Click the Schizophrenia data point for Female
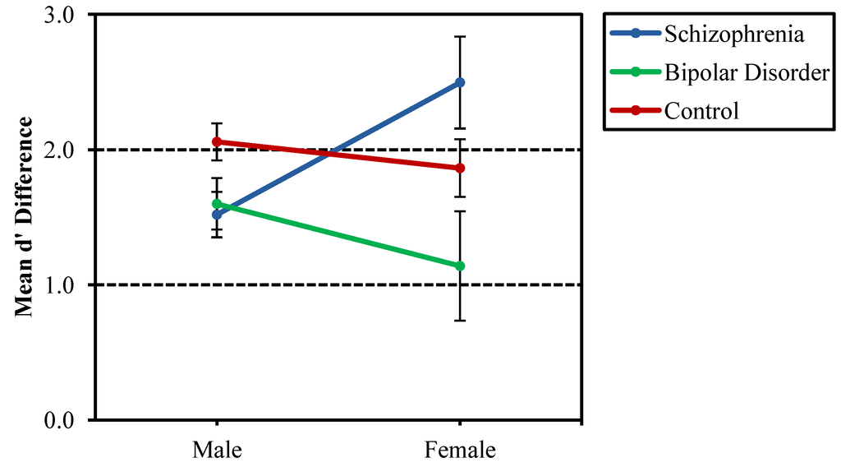click(x=460, y=82)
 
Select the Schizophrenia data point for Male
click(x=217, y=215)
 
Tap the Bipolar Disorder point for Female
click(x=460, y=266)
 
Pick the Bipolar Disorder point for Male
click(x=217, y=204)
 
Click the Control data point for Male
click(x=217, y=141)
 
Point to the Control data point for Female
click(x=460, y=168)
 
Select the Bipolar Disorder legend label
click(x=747, y=72)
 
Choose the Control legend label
click(x=701, y=110)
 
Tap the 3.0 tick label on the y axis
click(x=57, y=16)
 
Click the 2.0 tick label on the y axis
click(x=57, y=150)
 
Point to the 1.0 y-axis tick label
click(x=57, y=285)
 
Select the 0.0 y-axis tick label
click(x=57, y=420)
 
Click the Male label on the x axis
click(x=217, y=450)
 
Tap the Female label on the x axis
click(x=460, y=450)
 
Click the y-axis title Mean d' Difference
click(x=25, y=217)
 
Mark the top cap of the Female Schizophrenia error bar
click(x=460, y=37)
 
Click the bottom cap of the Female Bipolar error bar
click(x=460, y=320)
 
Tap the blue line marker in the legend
click(x=636, y=35)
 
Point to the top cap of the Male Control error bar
click(x=217, y=123)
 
